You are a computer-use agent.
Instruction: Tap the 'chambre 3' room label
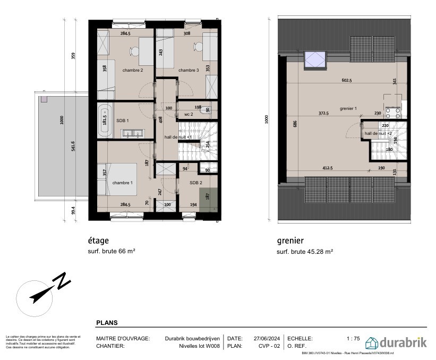pyautogui.click(x=189, y=71)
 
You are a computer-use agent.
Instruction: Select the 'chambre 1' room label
pyautogui.click(x=123, y=183)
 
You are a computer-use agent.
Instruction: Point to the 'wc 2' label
pyautogui.click(x=188, y=114)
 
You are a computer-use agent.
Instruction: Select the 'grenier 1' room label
pyautogui.click(x=348, y=108)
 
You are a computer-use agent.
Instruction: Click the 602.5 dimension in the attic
pyautogui.click(x=347, y=81)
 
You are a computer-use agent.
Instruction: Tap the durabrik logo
pyautogui.click(x=396, y=341)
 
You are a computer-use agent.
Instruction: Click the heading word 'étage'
pyautogui.click(x=98, y=241)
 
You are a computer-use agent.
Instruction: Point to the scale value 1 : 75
pyautogui.click(x=354, y=338)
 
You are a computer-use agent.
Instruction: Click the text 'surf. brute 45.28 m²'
pyautogui.click(x=305, y=252)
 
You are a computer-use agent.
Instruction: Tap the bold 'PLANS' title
pyautogui.click(x=107, y=322)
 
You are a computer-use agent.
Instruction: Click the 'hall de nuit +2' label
pyautogui.click(x=378, y=133)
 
